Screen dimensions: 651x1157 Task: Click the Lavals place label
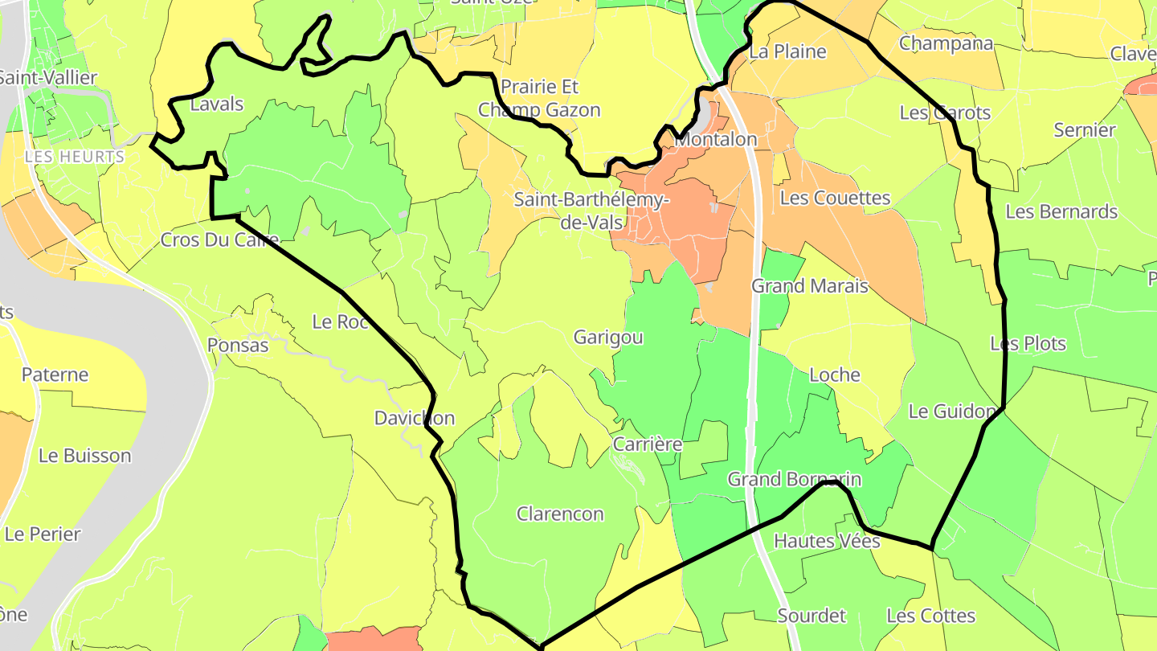click(217, 104)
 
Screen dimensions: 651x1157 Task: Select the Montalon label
click(716, 139)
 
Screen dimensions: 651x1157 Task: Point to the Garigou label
click(608, 338)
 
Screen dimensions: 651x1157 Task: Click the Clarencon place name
click(560, 514)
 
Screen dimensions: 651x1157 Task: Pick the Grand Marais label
click(810, 285)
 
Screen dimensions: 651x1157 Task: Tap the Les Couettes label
click(836, 198)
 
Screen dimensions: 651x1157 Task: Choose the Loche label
click(835, 375)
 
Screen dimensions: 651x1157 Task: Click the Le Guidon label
click(952, 411)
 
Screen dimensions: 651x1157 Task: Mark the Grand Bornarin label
click(795, 479)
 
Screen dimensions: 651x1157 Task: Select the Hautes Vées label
click(827, 541)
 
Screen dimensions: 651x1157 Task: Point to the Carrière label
click(647, 444)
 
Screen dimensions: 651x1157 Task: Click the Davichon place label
click(415, 418)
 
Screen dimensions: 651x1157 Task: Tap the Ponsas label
click(238, 346)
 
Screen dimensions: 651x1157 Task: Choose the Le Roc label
click(340, 322)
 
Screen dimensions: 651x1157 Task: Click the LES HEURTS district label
click(75, 157)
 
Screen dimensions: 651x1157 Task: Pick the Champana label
click(946, 43)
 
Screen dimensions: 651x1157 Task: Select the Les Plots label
click(1028, 344)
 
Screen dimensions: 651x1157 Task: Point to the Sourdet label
click(812, 616)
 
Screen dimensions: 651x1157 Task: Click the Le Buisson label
click(84, 456)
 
